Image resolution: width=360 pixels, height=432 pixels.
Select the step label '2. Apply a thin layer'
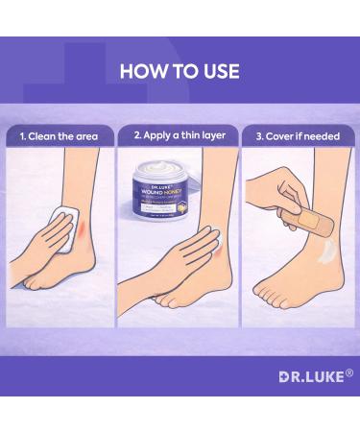tap(180, 136)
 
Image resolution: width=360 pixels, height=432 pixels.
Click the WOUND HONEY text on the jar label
tap(157, 189)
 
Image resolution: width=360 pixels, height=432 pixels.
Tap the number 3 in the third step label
tap(258, 136)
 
